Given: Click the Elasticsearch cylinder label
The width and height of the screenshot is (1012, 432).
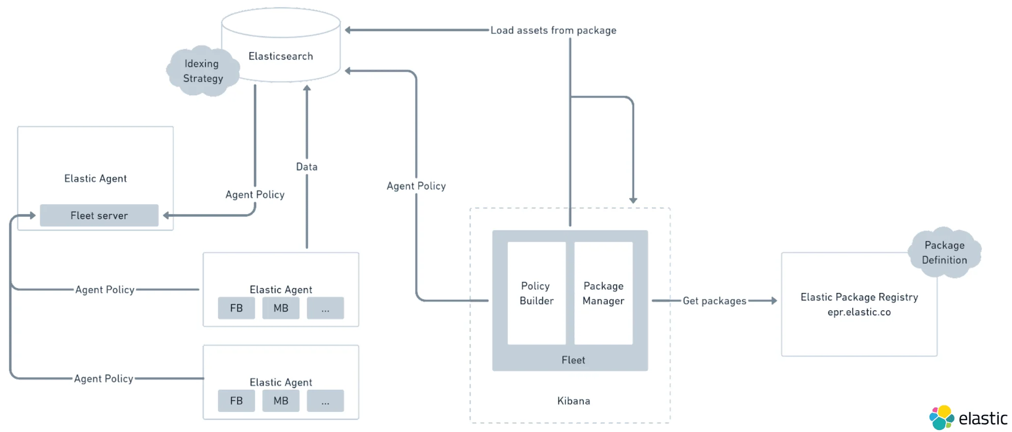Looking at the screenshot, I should click(x=281, y=56).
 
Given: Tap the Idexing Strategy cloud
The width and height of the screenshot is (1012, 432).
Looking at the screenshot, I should click(x=203, y=71).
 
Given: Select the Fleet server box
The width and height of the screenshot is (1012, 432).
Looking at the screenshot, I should click(x=99, y=216).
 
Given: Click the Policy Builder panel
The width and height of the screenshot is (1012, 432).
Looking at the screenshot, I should click(x=536, y=293).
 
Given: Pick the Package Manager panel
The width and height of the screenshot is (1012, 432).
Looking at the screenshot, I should click(x=603, y=293).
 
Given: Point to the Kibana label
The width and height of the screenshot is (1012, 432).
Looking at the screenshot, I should click(x=573, y=401).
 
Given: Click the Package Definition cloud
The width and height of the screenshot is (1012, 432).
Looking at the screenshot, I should click(x=944, y=253).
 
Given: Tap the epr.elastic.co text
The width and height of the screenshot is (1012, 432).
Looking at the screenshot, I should click(x=859, y=312).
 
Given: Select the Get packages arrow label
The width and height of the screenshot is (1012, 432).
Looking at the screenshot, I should click(x=714, y=301).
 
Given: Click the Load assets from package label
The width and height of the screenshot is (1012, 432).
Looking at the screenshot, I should click(x=553, y=30).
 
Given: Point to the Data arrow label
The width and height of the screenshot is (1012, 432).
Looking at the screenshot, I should click(x=307, y=167).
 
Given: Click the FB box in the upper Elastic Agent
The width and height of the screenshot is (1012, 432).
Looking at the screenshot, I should click(x=237, y=308).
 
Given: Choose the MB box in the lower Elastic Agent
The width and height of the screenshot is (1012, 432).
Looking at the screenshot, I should click(x=281, y=401).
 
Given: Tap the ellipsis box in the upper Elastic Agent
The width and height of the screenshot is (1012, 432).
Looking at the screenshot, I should click(x=325, y=308).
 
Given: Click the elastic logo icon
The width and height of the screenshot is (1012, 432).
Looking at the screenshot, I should click(x=941, y=418).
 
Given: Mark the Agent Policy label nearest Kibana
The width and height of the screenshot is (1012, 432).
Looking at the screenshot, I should click(x=416, y=186).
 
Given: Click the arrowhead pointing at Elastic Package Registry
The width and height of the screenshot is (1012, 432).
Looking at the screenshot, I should click(x=774, y=300).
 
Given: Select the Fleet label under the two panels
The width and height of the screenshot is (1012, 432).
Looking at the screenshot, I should click(x=573, y=360).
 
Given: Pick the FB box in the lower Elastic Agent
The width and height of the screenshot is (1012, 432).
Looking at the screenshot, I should click(x=237, y=401).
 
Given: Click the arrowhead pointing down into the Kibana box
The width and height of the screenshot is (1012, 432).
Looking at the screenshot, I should click(x=633, y=200).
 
